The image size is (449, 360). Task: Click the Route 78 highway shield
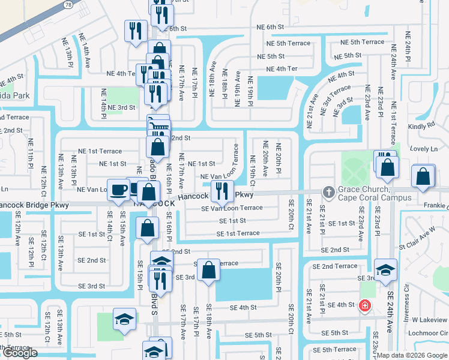click(x=68, y=4)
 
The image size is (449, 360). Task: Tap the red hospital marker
click(x=364, y=306)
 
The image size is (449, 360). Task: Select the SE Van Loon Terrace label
click(x=232, y=208)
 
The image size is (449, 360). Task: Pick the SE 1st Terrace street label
click(x=238, y=233)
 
